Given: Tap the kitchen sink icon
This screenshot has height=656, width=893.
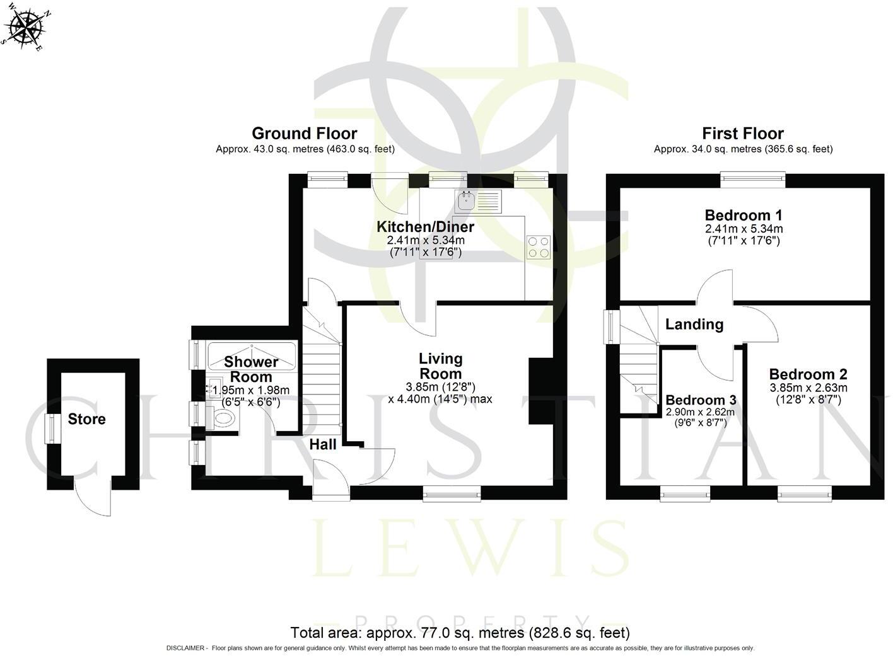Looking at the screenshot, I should [466, 201].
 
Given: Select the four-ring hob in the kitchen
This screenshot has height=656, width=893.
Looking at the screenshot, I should [538, 246].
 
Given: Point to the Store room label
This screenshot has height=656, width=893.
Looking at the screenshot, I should [87, 419].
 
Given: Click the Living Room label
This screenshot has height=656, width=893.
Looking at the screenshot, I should [441, 366].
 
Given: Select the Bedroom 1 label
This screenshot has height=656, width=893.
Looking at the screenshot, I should [744, 215].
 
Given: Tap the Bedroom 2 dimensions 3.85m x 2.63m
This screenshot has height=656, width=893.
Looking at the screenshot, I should [808, 388].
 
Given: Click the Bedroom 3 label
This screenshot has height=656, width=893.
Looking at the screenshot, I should [701, 400].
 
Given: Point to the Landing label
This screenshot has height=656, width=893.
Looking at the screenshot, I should [694, 325].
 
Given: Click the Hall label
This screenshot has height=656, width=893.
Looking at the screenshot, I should [323, 444].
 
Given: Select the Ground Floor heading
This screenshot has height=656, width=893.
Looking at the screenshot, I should [305, 134].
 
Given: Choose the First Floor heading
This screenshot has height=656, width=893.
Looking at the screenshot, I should [743, 134].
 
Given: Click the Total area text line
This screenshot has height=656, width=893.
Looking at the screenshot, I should [460, 632].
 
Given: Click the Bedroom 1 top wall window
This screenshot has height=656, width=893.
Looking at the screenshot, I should [754, 180].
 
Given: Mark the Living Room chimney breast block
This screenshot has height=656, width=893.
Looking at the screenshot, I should [540, 391].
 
